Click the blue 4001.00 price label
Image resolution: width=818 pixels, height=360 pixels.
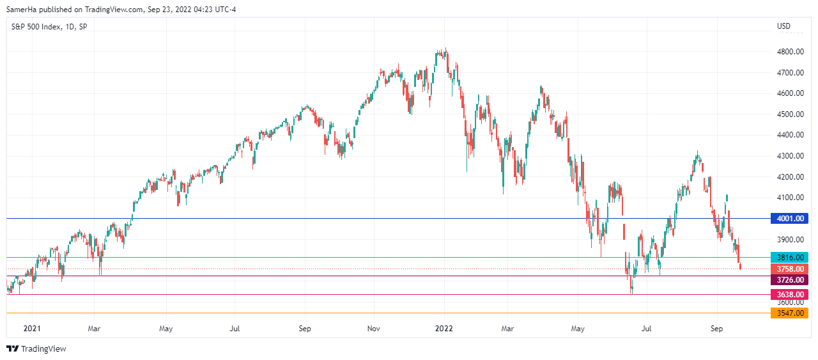click(x=789, y=219)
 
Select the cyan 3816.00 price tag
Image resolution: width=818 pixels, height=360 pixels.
click(x=789, y=258)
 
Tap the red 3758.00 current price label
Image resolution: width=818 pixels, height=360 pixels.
click(x=789, y=269)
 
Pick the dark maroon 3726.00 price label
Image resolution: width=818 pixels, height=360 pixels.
click(x=789, y=279)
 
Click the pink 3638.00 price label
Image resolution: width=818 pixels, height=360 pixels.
click(x=789, y=295)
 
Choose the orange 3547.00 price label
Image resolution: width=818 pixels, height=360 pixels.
click(x=789, y=313)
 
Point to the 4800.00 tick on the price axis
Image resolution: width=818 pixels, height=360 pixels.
click(x=789, y=52)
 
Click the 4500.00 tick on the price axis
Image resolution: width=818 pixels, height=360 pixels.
click(x=789, y=114)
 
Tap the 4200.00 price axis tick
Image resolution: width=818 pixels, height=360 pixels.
click(x=789, y=177)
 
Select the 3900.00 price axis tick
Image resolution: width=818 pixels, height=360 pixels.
click(x=789, y=240)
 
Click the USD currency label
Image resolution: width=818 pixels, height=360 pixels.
click(x=783, y=26)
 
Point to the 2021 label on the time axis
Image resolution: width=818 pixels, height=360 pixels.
click(x=32, y=329)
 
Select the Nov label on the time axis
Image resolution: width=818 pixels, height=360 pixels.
click(x=374, y=329)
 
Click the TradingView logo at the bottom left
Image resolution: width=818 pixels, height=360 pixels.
click(x=36, y=349)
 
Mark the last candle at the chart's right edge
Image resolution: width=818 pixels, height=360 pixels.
click(x=741, y=266)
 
